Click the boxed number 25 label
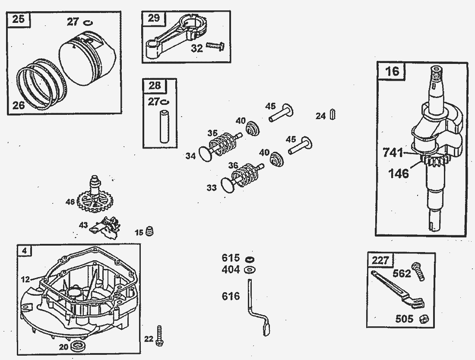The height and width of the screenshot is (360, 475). (x=18, y=20)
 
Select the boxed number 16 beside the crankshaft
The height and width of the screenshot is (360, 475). (x=393, y=71)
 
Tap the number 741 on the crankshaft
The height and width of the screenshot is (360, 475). (x=393, y=152)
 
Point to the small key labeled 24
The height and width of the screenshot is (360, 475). (x=333, y=115)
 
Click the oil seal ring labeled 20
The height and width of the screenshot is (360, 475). (x=78, y=345)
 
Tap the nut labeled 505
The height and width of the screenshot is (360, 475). (x=424, y=319)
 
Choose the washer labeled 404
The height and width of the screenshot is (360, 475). (x=249, y=270)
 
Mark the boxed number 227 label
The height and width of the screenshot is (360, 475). (x=380, y=260)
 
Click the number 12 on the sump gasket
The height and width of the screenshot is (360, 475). (x=25, y=279)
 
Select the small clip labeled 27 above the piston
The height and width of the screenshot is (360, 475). (x=87, y=22)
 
